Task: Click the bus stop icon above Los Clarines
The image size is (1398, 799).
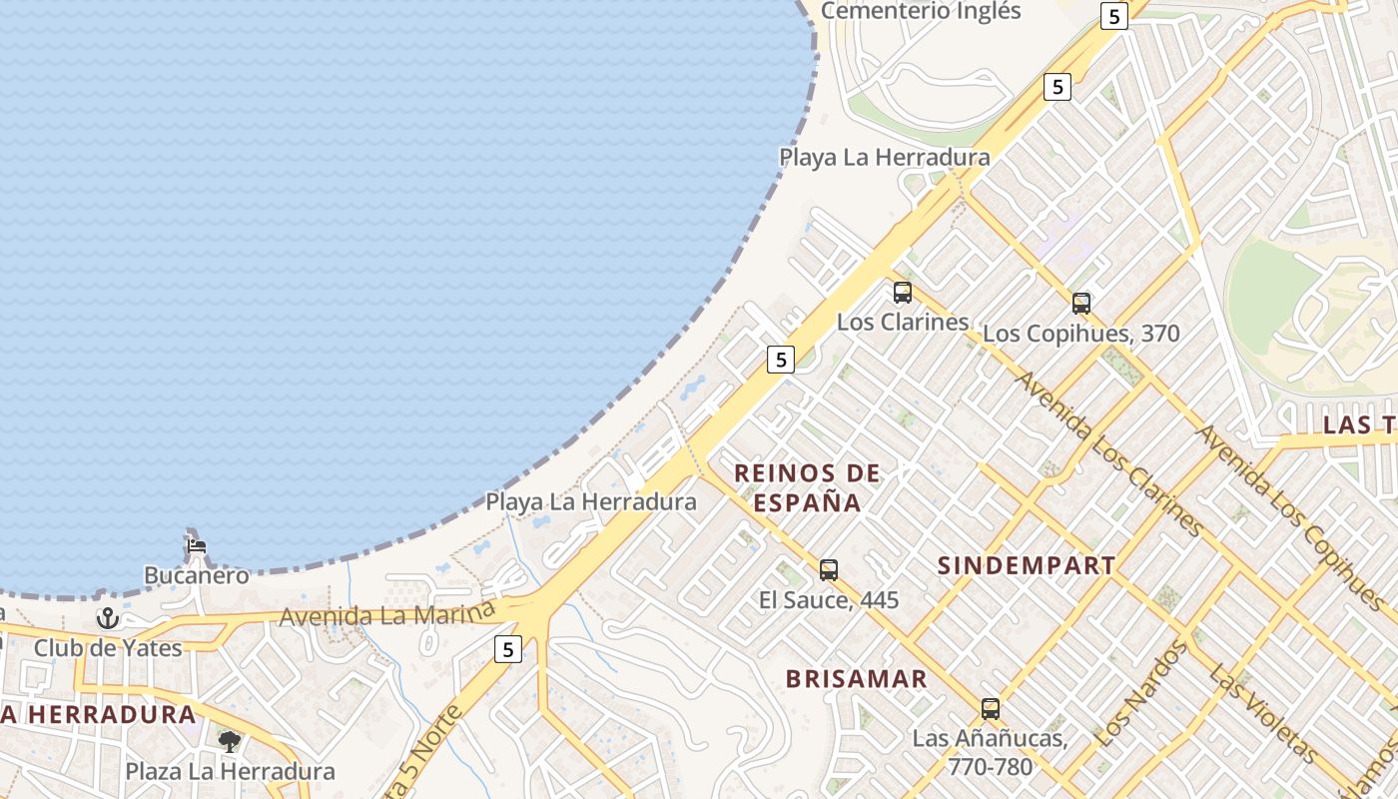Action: pyautogui.click(x=903, y=293)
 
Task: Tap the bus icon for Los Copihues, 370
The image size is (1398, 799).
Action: pyautogui.click(x=1081, y=303)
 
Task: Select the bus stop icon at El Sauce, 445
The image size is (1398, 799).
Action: pyautogui.click(x=829, y=570)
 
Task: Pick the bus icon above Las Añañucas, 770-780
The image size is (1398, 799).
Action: pyautogui.click(x=991, y=709)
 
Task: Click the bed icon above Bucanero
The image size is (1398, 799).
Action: pyautogui.click(x=197, y=546)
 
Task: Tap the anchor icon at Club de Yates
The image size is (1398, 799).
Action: pyautogui.click(x=107, y=618)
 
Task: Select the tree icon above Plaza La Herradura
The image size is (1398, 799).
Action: pyautogui.click(x=230, y=741)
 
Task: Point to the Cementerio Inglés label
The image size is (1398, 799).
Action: pyautogui.click(x=921, y=11)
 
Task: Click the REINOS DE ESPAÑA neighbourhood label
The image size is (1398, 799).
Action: pyautogui.click(x=808, y=487)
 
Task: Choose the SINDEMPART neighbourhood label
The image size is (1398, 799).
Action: pyautogui.click(x=1027, y=565)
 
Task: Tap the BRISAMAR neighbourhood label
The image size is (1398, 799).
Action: pyautogui.click(x=857, y=679)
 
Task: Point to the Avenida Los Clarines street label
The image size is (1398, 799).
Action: pyautogui.click(x=1109, y=454)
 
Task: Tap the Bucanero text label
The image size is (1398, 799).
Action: pyautogui.click(x=197, y=575)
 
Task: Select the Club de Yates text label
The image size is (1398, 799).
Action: pyautogui.click(x=108, y=648)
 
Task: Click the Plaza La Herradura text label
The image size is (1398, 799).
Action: pyautogui.click(x=230, y=771)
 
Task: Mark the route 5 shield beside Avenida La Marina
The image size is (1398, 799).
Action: pyautogui.click(x=508, y=649)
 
